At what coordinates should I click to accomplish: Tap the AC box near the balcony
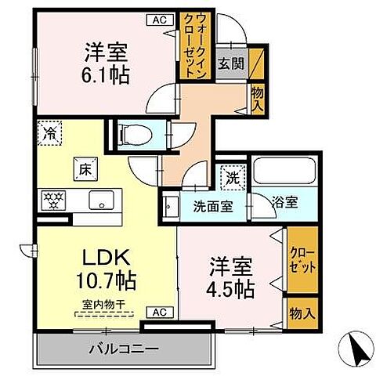[x=158, y=313]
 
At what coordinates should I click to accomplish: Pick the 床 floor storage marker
[x=83, y=167]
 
